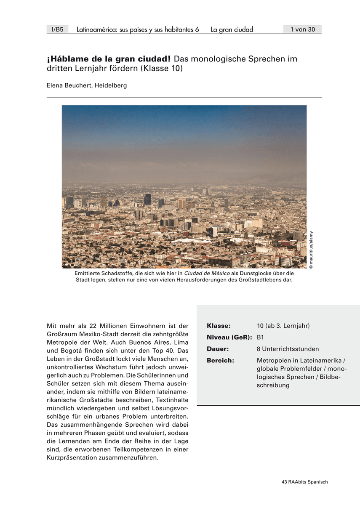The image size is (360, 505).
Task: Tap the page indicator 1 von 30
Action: (302, 29)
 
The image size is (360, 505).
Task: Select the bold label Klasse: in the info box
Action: (219, 326)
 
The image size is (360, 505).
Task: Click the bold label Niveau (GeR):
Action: (229, 337)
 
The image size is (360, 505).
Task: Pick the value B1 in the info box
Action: (261, 337)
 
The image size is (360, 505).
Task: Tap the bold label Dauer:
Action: (217, 349)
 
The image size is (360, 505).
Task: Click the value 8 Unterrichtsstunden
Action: (288, 349)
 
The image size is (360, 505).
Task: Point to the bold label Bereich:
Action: (220, 360)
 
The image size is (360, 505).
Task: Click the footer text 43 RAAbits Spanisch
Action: (304, 482)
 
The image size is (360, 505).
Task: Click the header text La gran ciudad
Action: (232, 29)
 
